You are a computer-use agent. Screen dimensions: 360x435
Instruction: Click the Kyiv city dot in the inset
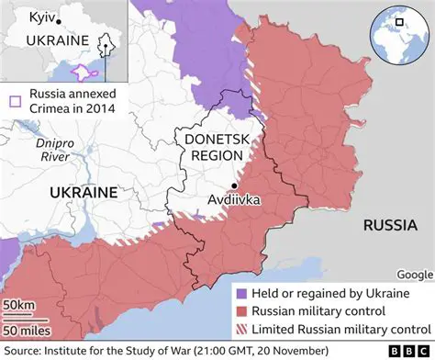pos(58,20)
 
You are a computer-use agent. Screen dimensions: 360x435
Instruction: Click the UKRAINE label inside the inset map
pos(57,40)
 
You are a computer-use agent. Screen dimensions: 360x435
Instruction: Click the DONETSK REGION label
pos(212,148)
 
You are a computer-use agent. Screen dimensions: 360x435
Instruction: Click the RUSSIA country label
pos(392,225)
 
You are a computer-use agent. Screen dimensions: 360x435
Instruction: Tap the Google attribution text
pos(413,274)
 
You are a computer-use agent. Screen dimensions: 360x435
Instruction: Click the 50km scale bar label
pos(19,305)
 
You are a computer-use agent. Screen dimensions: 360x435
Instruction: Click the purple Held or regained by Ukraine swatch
pos(240,292)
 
